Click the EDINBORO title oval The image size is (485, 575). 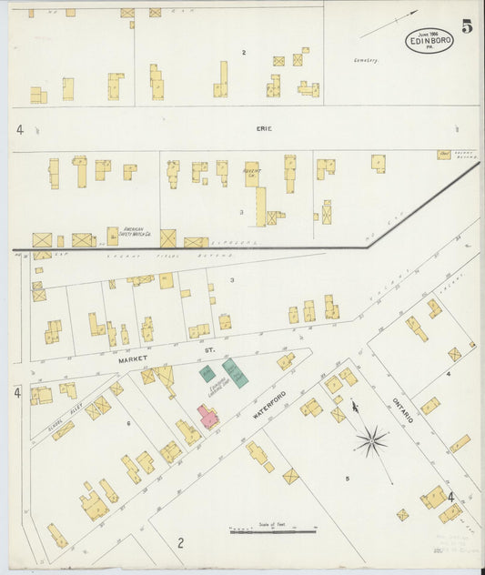[429, 41]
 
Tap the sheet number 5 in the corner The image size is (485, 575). [467, 26]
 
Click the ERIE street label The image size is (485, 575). [265, 129]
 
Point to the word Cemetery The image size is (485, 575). [366, 61]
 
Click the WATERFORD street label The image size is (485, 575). [272, 407]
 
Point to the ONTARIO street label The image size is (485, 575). [403, 407]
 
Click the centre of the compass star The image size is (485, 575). [371, 443]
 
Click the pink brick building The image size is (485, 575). [208, 418]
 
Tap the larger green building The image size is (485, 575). [235, 373]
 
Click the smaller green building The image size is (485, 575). [207, 373]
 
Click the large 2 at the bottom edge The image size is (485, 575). [181, 543]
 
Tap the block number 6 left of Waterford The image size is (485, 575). [128, 424]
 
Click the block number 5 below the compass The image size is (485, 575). [347, 477]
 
